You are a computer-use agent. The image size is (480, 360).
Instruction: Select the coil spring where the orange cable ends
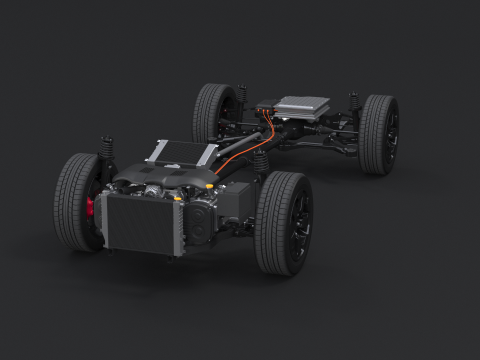coord(263,160)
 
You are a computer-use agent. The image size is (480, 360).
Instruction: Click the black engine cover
coord(165,180)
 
